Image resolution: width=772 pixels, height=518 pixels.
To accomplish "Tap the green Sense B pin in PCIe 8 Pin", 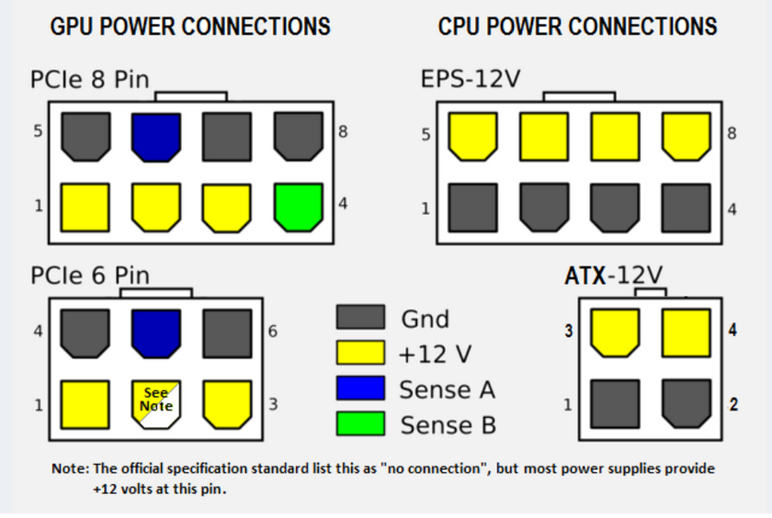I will coord(299,207).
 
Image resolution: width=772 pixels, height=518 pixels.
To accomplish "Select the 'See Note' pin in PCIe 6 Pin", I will coord(156,404).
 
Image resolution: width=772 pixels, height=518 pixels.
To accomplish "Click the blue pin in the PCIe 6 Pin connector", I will coord(156,332).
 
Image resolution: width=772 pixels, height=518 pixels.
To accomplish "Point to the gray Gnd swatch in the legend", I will coord(360,318).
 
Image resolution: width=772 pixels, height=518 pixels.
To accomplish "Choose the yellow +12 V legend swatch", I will coord(360,353).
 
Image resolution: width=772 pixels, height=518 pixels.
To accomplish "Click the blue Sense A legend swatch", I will coord(360,388).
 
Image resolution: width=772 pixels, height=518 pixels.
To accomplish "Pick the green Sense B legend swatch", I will coord(360,423).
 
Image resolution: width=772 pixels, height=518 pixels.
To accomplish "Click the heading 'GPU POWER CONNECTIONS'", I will coord(189,26).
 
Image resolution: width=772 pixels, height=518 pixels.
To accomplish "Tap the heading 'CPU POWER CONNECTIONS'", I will coord(577,26).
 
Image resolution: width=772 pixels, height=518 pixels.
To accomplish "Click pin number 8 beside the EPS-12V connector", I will coord(732,134).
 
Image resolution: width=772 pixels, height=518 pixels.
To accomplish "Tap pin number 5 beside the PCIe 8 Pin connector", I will coord(38,131).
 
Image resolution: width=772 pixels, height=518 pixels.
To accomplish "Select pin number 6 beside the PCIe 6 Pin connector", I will coord(272,331).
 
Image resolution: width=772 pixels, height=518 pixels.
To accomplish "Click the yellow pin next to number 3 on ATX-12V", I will coord(615,332).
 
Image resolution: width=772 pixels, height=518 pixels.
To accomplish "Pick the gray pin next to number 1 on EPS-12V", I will coord(473,208).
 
